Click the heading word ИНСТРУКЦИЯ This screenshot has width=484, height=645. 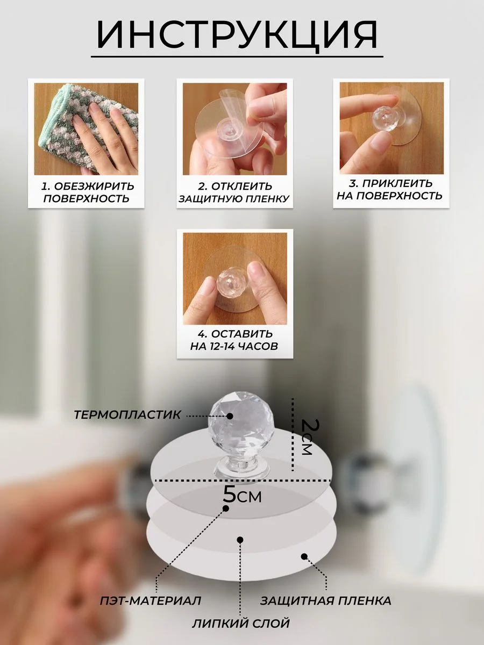(x=237, y=35)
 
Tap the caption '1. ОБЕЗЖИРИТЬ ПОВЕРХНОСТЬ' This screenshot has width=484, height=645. (x=87, y=192)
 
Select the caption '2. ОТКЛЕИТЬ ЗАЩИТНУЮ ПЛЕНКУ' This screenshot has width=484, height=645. (x=234, y=192)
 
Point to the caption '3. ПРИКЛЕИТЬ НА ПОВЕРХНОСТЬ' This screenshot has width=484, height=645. (x=390, y=190)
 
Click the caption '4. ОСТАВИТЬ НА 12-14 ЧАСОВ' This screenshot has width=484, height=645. (x=234, y=340)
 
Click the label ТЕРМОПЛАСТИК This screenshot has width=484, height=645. (x=127, y=415)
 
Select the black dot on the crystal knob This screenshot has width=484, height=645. (x=230, y=416)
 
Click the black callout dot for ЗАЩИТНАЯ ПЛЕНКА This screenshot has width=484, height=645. (x=304, y=556)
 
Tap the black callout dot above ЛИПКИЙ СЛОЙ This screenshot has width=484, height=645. (x=240, y=540)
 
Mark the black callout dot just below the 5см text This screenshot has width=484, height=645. (x=226, y=508)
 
